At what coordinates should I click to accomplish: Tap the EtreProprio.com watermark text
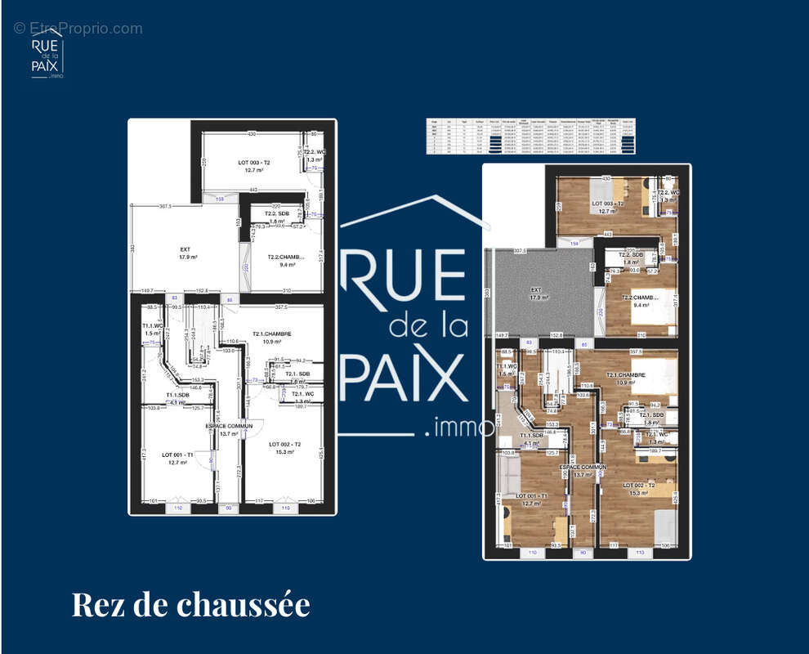pos(78,29)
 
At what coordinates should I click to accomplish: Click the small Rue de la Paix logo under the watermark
pos(47,58)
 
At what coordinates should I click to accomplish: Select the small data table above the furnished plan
pos(531,137)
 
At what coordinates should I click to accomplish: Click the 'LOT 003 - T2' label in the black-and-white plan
pos(254,163)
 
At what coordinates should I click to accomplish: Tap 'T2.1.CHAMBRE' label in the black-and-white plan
pos(271,334)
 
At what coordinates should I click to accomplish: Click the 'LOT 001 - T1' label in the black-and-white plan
pos(178,455)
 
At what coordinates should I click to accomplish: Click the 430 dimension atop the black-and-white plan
pos(252,133)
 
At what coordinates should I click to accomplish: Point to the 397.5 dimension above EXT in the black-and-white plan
pos(170,206)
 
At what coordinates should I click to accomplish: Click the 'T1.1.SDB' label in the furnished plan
pos(533,436)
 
